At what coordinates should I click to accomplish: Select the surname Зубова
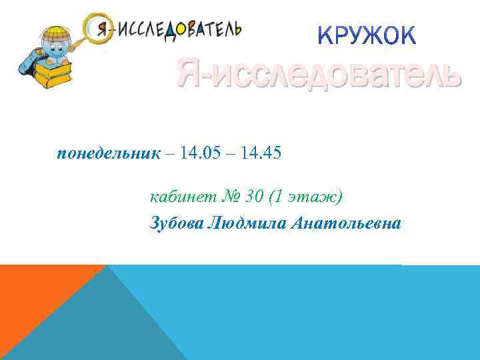(x=176, y=223)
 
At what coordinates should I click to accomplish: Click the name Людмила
(x=247, y=223)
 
